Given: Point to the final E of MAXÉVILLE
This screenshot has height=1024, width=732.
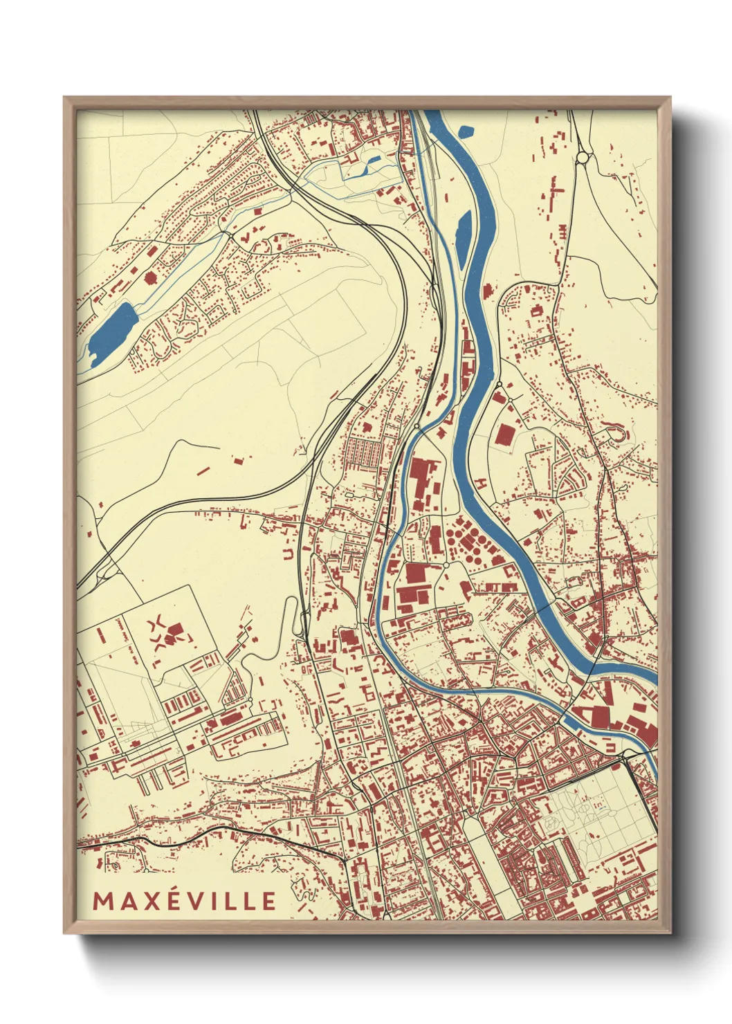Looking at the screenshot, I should click(268, 900).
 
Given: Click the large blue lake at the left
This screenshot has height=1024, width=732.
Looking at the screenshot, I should click(111, 326).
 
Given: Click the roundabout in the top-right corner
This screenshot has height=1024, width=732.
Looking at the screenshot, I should click(583, 158).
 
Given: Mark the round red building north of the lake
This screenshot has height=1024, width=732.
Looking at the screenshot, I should click(151, 278).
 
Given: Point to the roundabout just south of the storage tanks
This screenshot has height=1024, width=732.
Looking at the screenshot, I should click(447, 565).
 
